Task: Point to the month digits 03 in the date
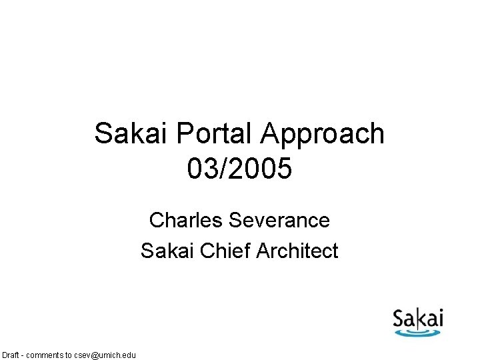coord(200,169)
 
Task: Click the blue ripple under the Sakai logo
coord(418,330)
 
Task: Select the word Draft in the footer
coord(11,355)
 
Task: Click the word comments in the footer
coord(47,355)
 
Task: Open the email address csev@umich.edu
coord(105,355)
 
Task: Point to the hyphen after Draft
coord(24,355)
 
